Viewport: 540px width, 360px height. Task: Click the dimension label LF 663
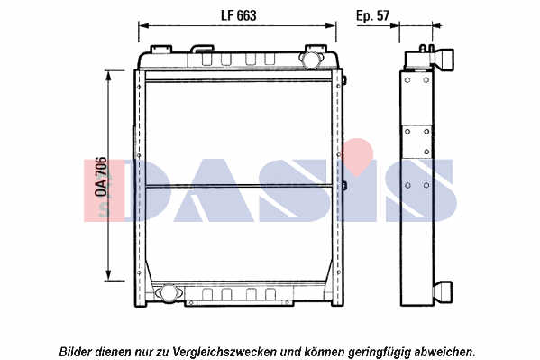click(x=238, y=15)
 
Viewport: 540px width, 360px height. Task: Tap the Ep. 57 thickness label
click(x=372, y=16)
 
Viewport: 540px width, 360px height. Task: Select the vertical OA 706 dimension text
click(x=101, y=177)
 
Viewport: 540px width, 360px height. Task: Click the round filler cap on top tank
click(x=311, y=59)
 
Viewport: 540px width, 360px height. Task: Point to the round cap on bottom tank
click(x=169, y=293)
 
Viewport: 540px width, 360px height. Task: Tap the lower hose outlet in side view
click(x=443, y=292)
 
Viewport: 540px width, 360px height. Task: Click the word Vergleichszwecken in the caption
click(x=224, y=352)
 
